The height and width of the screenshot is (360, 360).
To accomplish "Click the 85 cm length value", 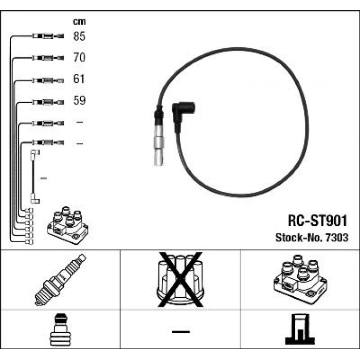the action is pos(79,36).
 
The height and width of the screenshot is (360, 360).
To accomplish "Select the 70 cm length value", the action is pos(79,58).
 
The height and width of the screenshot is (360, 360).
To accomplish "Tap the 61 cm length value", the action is pos(79,79).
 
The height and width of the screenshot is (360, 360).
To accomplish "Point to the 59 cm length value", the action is pos(79,100).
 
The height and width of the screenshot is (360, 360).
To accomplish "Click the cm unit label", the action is pos(79,22).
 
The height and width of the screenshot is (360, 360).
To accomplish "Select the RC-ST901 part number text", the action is pos(317,221).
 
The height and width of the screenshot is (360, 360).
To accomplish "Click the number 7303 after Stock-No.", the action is pos(337,238).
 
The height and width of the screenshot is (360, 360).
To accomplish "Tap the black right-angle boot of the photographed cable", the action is pos(183,114).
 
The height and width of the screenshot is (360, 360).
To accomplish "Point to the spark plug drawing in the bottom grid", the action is pos(60,280).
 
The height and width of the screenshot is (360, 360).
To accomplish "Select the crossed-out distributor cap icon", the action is pos(181,279).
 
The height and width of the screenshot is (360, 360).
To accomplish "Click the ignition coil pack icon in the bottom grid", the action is pos(300,279).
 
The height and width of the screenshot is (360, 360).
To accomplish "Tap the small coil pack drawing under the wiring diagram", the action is pos(67,225).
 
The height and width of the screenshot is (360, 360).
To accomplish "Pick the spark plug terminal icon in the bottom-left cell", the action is pos(60,329).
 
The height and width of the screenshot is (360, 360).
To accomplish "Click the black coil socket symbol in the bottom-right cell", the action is pos(300,329).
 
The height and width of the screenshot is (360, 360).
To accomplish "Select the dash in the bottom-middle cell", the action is pos(181,332).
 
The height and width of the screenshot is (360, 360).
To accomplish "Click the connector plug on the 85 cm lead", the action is pos(48,36).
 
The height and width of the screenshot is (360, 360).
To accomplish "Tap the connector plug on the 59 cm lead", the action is pos(48,102).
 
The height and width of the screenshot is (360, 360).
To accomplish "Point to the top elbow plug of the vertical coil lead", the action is pos(34,154).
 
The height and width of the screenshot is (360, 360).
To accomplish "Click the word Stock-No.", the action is pos(299,238).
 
